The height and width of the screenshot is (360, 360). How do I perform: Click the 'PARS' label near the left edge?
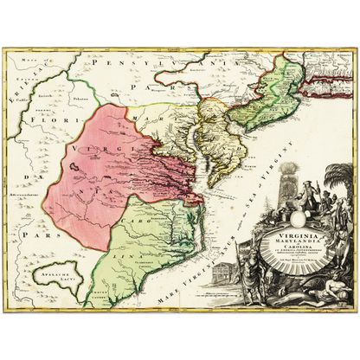pyautogui.click(x=35, y=234)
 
